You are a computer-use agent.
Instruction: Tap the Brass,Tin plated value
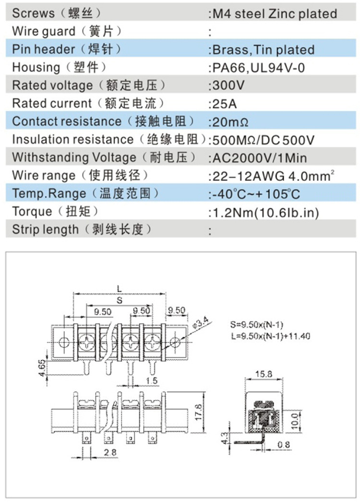coord(263,50)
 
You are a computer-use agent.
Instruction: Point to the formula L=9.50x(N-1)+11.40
coord(270,336)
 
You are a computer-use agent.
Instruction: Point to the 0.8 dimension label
coord(284,445)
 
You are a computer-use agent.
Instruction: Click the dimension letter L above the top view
coord(119,288)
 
